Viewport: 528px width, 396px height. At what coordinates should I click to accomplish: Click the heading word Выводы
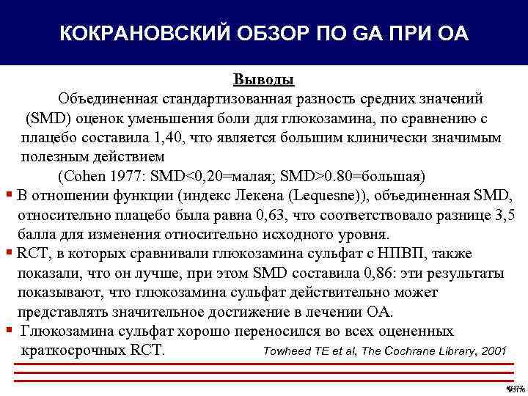tap(264, 79)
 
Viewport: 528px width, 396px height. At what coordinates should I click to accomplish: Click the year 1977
tap(126, 177)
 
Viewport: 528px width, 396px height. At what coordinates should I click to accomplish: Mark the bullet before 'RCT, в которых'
tap(7, 254)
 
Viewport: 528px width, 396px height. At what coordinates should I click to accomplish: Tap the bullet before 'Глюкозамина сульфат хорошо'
tap(7, 331)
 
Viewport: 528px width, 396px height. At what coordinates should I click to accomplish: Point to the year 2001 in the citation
tap(491, 351)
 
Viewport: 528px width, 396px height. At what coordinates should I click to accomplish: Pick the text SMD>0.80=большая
tap(356, 177)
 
